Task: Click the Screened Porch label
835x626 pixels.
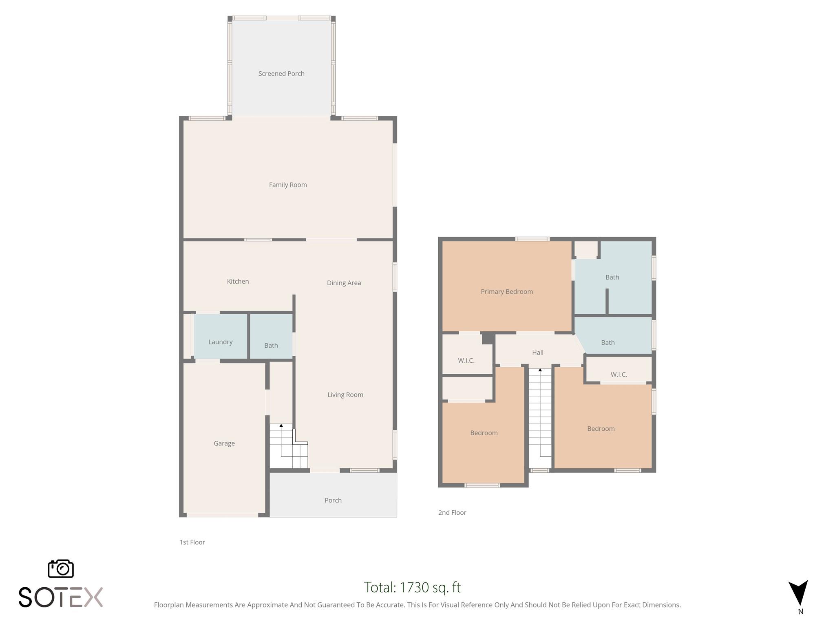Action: pos(281,74)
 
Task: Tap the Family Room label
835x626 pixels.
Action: pos(288,185)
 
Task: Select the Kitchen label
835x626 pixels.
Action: pos(238,282)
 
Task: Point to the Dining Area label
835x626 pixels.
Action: pos(344,283)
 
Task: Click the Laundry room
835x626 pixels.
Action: pos(220,342)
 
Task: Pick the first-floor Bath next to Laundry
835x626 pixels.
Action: pos(271,346)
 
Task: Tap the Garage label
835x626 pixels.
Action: pos(224,443)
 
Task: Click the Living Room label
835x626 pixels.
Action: pos(345,395)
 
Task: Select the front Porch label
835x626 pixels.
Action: pos(333,500)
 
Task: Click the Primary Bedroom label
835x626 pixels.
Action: pos(507,292)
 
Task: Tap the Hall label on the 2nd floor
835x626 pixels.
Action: pos(538,353)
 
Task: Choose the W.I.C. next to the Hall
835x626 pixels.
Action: pos(466,361)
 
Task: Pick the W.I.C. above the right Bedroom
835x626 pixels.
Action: pos(619,375)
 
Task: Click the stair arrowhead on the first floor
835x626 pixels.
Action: pos(281,425)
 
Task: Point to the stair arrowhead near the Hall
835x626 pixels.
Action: pos(540,370)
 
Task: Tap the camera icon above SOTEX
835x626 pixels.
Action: pos(61,569)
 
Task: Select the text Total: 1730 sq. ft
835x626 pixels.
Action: pos(412,588)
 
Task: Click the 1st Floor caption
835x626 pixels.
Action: pos(192,542)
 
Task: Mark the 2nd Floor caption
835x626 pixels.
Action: pos(452,513)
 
